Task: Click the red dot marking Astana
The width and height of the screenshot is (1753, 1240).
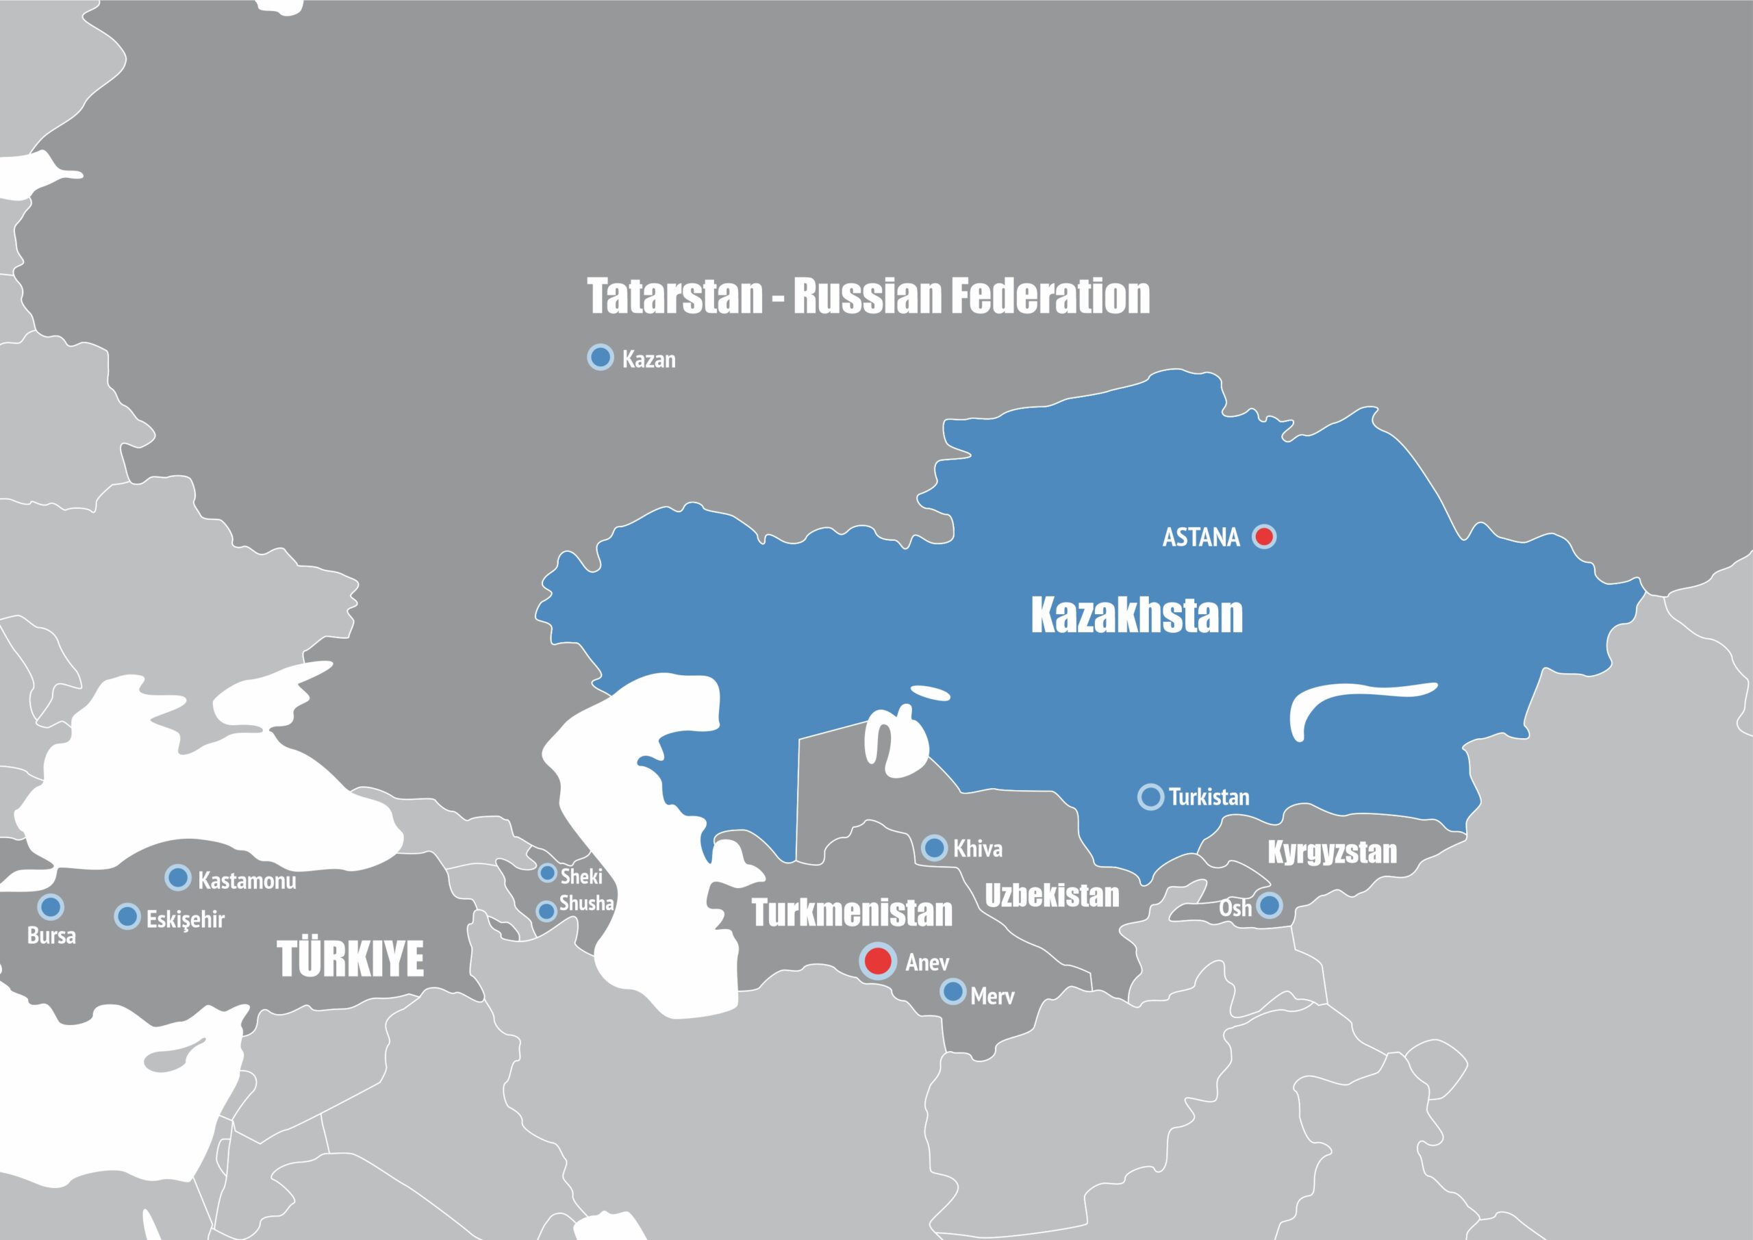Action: coord(1264,536)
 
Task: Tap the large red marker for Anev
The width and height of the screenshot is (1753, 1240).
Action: coord(878,961)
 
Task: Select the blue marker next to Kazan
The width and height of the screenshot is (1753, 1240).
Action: coord(601,357)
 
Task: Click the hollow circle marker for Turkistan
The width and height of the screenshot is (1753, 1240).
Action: coord(1150,796)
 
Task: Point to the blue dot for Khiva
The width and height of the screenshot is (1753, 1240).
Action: coord(935,848)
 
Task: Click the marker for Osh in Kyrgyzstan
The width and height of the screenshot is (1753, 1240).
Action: coord(1269,906)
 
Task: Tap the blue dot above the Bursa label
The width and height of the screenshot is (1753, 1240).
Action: coord(51,907)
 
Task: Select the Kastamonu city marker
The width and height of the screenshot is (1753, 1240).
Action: coord(178,878)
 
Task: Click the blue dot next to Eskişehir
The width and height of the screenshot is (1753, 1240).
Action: coord(127,917)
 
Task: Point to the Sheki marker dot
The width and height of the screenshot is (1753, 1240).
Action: coord(547,873)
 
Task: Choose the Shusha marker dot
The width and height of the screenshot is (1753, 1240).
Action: coord(546,911)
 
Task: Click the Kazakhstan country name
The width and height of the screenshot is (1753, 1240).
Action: coord(1136,616)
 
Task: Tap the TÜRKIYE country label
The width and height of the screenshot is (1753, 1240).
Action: coord(351,960)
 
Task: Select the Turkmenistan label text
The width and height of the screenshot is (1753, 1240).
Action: coord(852,913)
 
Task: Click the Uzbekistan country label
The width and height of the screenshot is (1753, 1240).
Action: coord(1051,896)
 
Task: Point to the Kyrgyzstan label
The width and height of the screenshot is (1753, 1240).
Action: coord(1333,852)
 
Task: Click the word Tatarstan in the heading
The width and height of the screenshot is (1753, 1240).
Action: coord(675,296)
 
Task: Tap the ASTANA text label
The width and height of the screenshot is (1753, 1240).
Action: coord(1201,537)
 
